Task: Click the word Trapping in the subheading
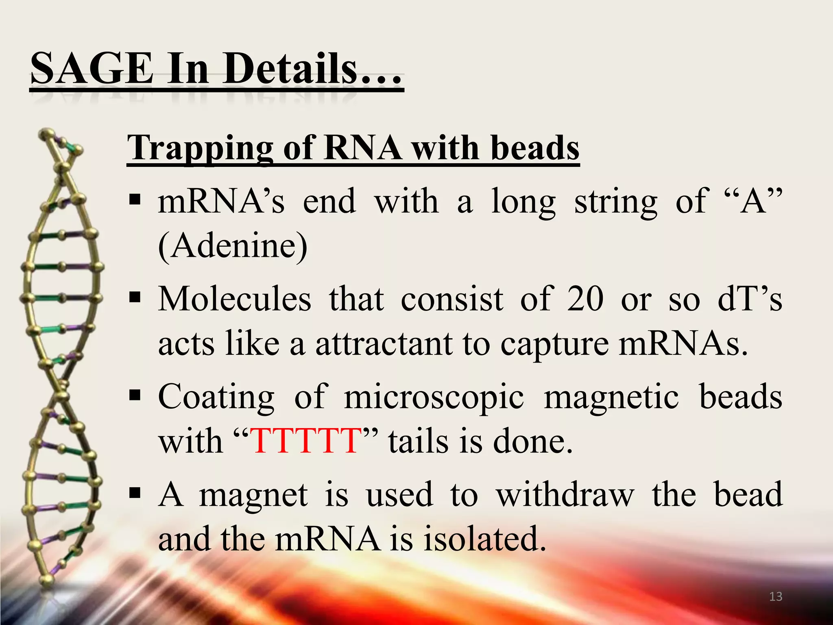(200, 148)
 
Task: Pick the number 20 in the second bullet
(585, 299)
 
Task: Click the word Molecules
(235, 299)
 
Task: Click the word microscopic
(434, 397)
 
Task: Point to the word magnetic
(611, 397)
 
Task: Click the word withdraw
(565, 494)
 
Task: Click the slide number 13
(776, 597)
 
